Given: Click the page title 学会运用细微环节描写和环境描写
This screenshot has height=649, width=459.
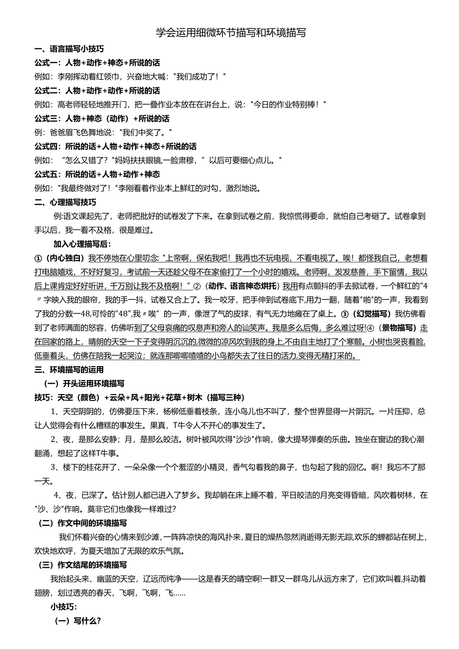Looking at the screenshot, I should (x=230, y=33).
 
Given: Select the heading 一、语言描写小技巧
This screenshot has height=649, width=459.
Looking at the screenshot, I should (x=69, y=49).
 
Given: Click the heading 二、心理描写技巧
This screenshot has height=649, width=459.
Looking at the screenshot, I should (x=65, y=202).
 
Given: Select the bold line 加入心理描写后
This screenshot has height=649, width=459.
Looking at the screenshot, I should (x=82, y=244).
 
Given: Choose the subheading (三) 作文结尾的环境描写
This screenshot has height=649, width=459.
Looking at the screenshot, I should (x=83, y=565).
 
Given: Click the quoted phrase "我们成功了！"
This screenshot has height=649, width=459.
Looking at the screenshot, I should (x=200, y=77).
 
